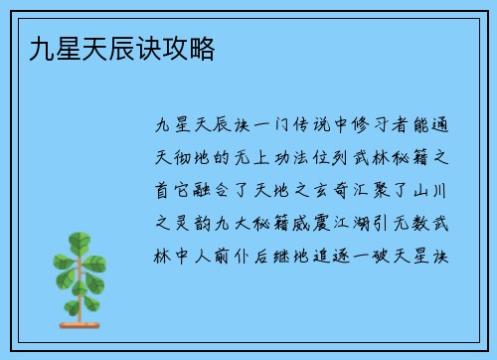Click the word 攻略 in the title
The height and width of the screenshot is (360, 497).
click(x=196, y=48)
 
